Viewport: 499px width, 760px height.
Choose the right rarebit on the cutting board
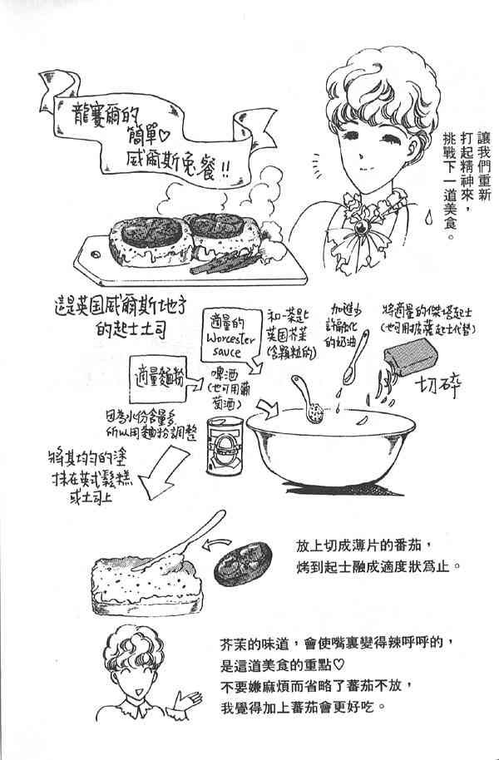(x=221, y=233)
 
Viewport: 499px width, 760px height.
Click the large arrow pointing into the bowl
(x=267, y=407)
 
